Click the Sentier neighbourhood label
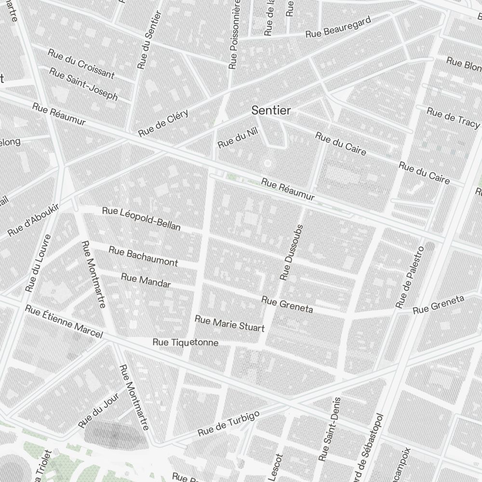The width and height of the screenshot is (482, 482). click(x=271, y=110)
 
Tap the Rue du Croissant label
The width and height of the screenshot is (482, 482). click(x=81, y=64)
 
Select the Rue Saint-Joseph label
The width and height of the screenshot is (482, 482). click(x=83, y=84)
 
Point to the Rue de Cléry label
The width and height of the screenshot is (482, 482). click(x=163, y=122)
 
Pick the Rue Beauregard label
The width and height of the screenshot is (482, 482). click(x=338, y=27)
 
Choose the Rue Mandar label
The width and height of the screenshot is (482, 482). click(x=146, y=281)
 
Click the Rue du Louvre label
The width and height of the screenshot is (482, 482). click(x=39, y=263)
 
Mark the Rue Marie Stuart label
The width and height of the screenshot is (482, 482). click(x=229, y=324)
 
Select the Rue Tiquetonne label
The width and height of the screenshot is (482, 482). click(x=185, y=343)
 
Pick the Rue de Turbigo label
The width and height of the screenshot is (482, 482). click(x=229, y=423)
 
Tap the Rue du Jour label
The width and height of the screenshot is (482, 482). click(x=98, y=413)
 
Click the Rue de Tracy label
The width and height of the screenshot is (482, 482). click(x=453, y=118)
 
